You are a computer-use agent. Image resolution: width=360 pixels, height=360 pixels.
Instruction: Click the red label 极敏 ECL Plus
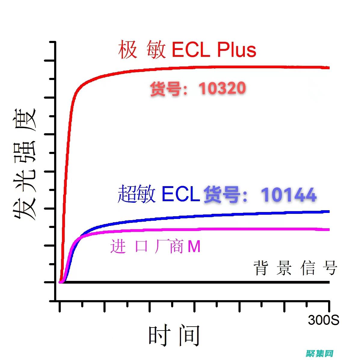187,50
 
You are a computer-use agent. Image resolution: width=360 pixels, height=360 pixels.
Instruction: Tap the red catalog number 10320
222,88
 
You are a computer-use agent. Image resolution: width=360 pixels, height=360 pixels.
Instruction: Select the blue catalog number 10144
288,195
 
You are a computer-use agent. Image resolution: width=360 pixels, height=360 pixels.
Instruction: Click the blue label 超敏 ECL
159,194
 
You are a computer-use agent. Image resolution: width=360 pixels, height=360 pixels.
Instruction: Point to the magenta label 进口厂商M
155,247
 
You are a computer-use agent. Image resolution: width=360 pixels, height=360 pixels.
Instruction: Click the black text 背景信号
295,268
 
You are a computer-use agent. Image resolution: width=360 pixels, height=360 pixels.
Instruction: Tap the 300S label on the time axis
323,320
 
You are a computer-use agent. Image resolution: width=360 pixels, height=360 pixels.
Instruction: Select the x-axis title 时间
174,335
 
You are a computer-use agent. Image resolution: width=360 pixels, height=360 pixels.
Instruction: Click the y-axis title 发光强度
25,164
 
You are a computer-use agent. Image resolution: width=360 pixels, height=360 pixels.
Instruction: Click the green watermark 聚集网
320,353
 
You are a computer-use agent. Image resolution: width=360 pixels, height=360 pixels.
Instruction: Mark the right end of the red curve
329,68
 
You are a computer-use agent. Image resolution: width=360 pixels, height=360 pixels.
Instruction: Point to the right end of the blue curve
329,211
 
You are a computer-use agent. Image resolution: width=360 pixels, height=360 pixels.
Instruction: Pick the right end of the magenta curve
329,229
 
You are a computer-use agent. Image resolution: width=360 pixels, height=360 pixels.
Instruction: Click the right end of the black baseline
329,282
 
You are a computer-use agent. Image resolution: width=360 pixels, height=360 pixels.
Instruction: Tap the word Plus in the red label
236,50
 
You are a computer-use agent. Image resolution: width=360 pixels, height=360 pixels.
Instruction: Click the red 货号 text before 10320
165,89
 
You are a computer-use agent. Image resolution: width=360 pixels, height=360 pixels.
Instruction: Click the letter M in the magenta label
194,247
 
